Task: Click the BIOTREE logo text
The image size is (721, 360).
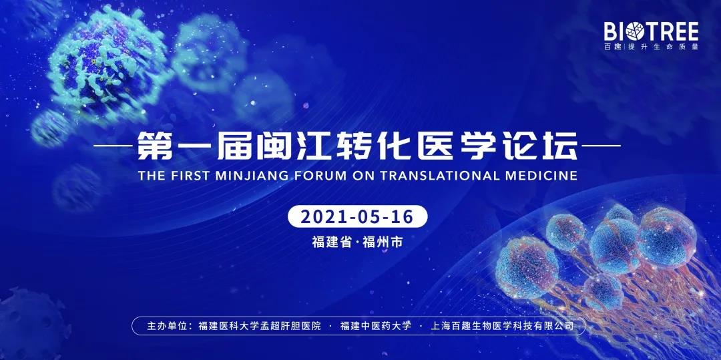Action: pos(650,31)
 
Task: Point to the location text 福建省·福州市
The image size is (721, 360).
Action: pos(358,241)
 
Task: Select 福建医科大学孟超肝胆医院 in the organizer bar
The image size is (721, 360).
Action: pos(260,326)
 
